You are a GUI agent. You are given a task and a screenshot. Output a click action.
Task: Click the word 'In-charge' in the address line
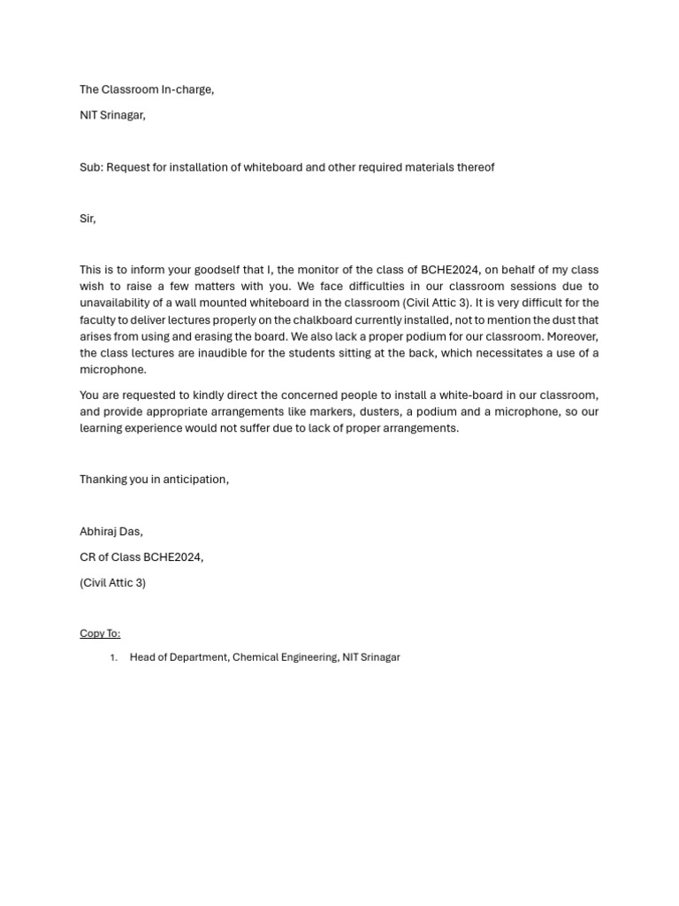[x=187, y=89]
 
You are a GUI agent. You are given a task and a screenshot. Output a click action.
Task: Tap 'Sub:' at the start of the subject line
[x=91, y=167]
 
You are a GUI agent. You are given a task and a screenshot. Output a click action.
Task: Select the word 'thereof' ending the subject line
[x=475, y=167]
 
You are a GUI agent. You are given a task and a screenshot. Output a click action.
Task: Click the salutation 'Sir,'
[x=88, y=219]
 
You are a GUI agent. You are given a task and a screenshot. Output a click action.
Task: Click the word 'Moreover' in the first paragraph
[x=572, y=337]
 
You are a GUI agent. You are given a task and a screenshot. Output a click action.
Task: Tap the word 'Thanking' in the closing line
[x=104, y=480]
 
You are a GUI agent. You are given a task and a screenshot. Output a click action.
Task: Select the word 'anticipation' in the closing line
[x=195, y=480]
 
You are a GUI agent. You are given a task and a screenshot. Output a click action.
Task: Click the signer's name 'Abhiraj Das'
[x=111, y=532]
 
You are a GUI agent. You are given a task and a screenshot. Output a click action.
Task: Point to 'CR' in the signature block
[x=88, y=557]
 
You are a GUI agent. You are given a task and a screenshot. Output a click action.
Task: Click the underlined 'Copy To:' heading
[x=100, y=633]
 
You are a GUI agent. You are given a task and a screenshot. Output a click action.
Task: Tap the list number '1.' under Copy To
[x=113, y=658]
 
